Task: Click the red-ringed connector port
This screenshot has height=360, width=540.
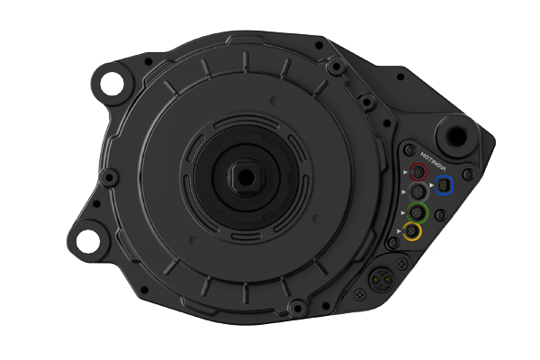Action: click(418, 172)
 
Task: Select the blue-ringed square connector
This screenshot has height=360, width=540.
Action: click(444, 185)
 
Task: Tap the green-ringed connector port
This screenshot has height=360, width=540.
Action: click(418, 211)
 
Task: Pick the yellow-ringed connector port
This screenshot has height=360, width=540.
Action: click(412, 231)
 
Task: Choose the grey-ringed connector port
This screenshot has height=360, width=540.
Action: click(418, 192)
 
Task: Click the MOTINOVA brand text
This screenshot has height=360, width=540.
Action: click(433, 162)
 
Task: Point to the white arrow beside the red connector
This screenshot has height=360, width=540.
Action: click(405, 172)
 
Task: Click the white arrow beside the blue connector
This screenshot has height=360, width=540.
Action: click(431, 185)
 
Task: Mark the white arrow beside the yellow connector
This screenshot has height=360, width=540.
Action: click(399, 230)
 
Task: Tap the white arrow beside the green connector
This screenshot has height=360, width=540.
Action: click(403, 213)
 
